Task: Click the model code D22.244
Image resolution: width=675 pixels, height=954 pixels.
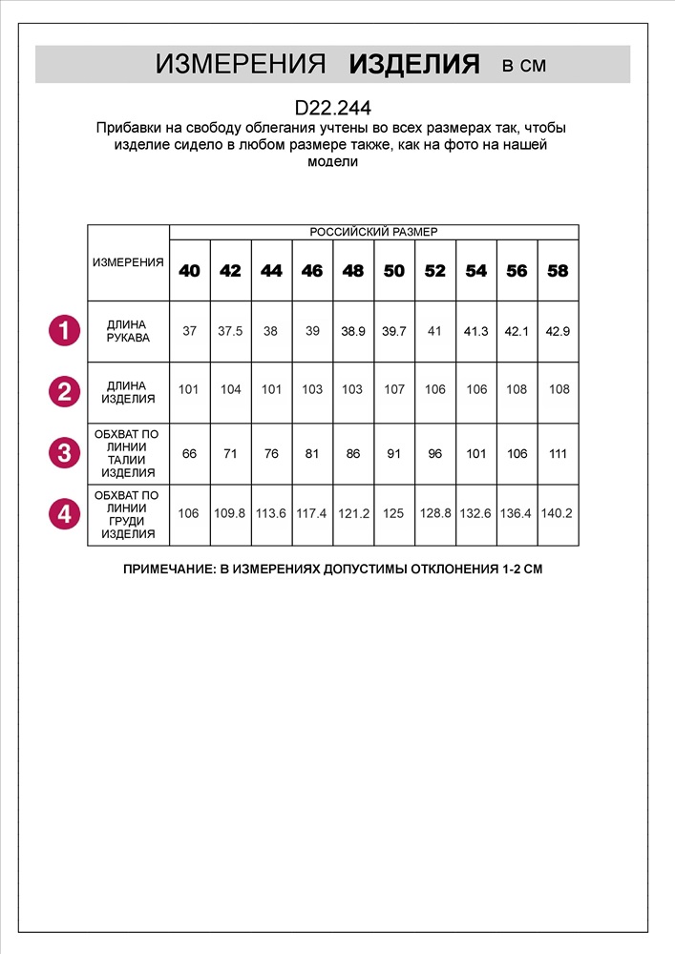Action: point(333,108)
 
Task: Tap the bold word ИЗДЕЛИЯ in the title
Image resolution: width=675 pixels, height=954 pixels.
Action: point(413,65)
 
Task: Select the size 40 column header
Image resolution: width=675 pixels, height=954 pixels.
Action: point(190,271)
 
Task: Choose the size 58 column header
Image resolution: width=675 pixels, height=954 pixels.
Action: point(559,271)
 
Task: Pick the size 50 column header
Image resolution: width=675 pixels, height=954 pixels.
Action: point(394,271)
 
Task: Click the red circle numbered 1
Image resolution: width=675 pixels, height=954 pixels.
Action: point(64,331)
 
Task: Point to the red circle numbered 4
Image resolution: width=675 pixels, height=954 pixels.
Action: point(64,514)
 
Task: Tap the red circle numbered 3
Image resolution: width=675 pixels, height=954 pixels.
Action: point(64,453)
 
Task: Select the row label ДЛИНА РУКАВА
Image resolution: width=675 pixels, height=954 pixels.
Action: point(128,331)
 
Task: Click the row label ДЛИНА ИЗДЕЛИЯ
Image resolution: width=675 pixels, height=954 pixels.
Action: point(128,392)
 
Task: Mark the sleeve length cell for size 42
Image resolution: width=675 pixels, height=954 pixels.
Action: point(230,331)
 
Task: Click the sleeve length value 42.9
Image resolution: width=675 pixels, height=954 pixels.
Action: point(559,331)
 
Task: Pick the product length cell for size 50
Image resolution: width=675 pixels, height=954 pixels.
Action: point(394,389)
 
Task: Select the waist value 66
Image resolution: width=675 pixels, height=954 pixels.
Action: point(190,453)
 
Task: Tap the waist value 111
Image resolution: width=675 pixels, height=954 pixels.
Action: point(559,453)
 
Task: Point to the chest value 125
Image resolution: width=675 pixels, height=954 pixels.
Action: point(394,513)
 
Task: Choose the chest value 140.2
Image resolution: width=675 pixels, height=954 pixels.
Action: point(559,513)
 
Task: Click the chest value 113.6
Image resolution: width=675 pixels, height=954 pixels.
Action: point(271,513)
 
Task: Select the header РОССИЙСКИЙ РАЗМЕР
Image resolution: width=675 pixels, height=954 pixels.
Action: point(373,232)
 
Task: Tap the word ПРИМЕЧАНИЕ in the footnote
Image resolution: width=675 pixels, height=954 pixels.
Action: point(170,570)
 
